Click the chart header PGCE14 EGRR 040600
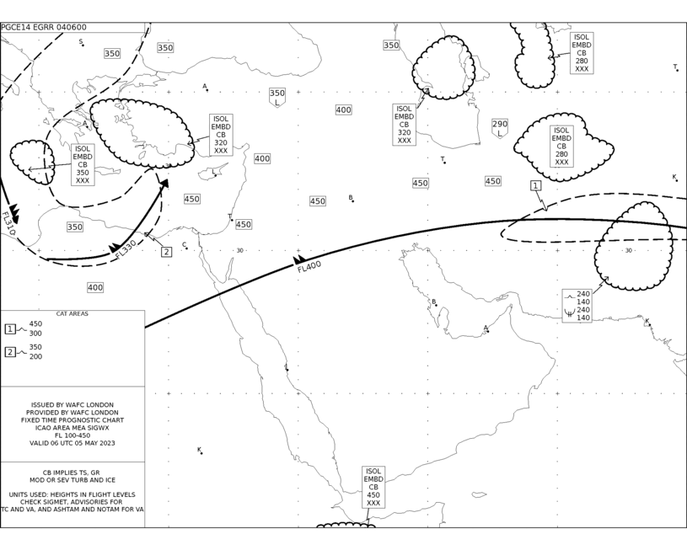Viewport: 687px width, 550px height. (x=44, y=27)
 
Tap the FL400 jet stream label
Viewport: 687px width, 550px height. (x=309, y=267)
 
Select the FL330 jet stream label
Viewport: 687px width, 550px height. (x=126, y=249)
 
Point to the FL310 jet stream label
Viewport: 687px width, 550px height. (x=8, y=223)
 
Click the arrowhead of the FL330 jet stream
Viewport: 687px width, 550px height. (x=164, y=184)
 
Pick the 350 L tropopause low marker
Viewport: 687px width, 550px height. (x=276, y=98)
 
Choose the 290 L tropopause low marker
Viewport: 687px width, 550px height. (x=500, y=128)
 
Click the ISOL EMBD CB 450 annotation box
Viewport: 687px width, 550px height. (x=373, y=487)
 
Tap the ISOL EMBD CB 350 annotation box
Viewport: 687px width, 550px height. (x=83, y=164)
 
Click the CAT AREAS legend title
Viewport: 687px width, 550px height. (x=72, y=314)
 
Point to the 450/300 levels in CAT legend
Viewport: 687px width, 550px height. (x=35, y=328)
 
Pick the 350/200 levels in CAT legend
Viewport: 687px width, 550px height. (x=35, y=351)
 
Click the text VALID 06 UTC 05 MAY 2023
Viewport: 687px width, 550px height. (x=72, y=443)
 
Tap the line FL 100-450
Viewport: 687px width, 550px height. (x=72, y=435)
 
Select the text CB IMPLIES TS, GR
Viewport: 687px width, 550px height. (x=71, y=473)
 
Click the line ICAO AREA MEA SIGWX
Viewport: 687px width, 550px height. (x=72, y=428)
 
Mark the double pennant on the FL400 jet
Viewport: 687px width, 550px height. (x=299, y=260)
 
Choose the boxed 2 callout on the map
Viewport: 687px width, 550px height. (x=166, y=252)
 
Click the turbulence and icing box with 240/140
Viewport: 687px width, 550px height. (x=577, y=306)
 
